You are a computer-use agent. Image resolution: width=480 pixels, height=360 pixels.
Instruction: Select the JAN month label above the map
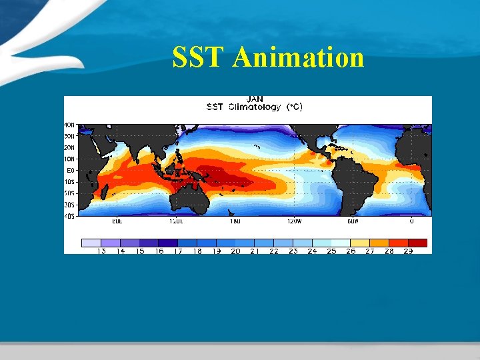(x=255, y=99)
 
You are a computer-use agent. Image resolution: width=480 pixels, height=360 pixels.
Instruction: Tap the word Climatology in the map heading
(x=255, y=107)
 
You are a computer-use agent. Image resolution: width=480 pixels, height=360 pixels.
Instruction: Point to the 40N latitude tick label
(x=69, y=125)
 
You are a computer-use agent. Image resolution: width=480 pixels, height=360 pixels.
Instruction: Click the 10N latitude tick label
(x=69, y=159)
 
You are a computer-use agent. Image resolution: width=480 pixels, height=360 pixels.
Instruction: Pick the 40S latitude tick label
(x=69, y=215)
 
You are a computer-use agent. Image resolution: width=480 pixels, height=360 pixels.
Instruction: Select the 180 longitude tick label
(x=235, y=221)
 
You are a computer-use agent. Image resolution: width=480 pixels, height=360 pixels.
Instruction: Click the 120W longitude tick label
(x=293, y=221)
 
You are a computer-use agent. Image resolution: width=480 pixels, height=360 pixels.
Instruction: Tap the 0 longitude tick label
(x=411, y=221)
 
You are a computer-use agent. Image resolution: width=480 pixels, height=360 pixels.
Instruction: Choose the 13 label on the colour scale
(x=101, y=251)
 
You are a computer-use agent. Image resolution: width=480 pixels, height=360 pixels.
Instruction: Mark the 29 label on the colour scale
(x=408, y=251)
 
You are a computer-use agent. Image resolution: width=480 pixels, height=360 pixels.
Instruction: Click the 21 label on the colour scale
(x=255, y=251)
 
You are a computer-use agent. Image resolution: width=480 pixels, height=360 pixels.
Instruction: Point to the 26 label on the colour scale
(x=351, y=251)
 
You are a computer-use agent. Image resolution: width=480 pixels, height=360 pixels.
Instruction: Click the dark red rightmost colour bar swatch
(x=417, y=243)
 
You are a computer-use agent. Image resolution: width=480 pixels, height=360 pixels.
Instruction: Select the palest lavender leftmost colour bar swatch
(x=91, y=243)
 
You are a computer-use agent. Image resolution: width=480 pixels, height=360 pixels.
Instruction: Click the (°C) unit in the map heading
(x=294, y=107)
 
